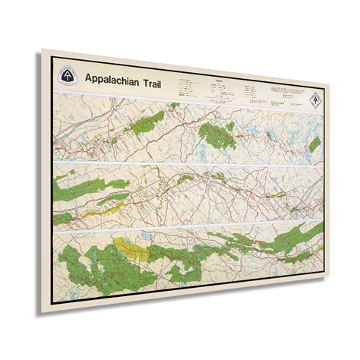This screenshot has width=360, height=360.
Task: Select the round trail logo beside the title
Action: (x=68, y=75)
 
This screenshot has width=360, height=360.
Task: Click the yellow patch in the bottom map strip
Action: (x=123, y=247)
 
